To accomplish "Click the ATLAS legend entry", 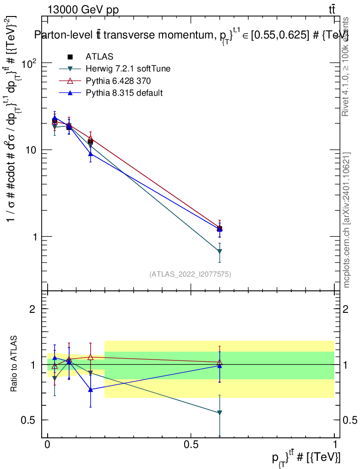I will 99,56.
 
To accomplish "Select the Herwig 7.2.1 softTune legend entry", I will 128,69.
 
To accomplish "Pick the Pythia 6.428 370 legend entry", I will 118,81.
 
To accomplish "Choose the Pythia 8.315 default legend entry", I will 124,93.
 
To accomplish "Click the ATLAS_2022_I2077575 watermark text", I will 190,274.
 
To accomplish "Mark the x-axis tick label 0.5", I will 191,445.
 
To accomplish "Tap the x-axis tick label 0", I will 47,445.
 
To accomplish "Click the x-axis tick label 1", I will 335,445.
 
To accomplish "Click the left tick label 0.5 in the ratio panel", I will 29,420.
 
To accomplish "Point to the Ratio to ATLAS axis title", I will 14,364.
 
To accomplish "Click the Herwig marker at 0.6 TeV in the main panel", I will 220,251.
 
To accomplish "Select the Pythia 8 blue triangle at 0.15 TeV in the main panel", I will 91,154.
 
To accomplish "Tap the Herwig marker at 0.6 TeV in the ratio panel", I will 220,413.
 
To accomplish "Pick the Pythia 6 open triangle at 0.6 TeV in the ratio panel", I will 220,362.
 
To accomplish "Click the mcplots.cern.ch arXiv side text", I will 347,220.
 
